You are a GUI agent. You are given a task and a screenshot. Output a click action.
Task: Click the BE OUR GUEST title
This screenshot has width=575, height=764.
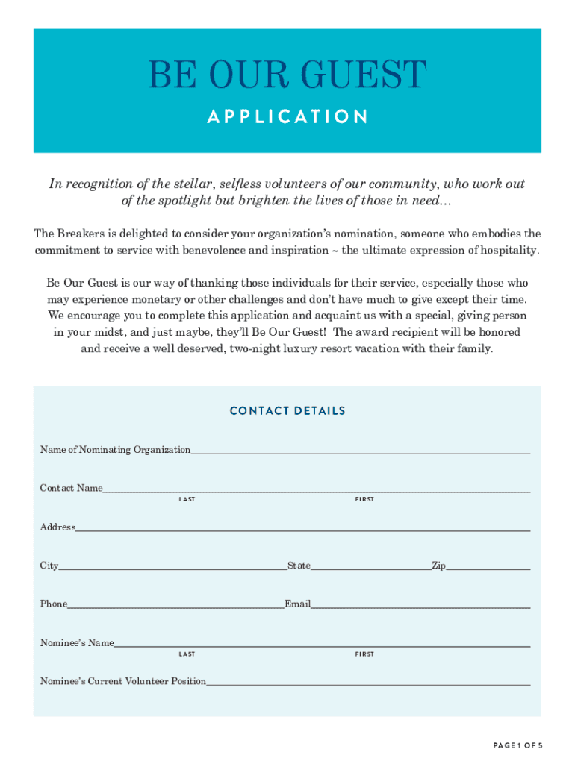click(287, 76)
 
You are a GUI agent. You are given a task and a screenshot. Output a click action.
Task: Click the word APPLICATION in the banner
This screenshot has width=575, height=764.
click(287, 117)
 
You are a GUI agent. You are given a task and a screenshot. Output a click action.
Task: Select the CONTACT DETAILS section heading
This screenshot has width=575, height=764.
click(287, 411)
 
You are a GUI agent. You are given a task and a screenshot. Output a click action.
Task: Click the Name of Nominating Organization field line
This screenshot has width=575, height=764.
click(360, 450)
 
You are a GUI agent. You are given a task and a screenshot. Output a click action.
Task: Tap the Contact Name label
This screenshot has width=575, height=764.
click(71, 488)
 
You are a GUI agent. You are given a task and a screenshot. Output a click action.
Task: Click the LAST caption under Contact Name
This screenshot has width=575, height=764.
click(187, 499)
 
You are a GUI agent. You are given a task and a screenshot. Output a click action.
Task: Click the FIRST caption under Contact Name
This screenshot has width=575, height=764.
click(364, 499)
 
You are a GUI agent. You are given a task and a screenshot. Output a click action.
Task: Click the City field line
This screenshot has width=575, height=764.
click(172, 566)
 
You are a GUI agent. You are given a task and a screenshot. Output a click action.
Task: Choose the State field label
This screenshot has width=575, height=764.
click(299, 566)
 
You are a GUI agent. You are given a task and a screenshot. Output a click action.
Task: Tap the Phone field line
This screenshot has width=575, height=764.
click(175, 604)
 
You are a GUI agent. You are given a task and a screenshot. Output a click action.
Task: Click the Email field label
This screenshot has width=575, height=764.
click(297, 604)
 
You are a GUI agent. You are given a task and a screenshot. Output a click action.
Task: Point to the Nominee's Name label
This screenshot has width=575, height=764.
click(77, 643)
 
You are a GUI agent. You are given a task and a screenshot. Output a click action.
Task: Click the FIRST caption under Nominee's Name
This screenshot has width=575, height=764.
click(364, 654)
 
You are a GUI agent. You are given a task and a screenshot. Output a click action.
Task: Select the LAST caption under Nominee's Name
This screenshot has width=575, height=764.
click(187, 654)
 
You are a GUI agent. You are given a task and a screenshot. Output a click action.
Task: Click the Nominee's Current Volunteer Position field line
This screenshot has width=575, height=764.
click(368, 682)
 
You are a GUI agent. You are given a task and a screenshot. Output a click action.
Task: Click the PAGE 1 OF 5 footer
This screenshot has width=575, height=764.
click(517, 745)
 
